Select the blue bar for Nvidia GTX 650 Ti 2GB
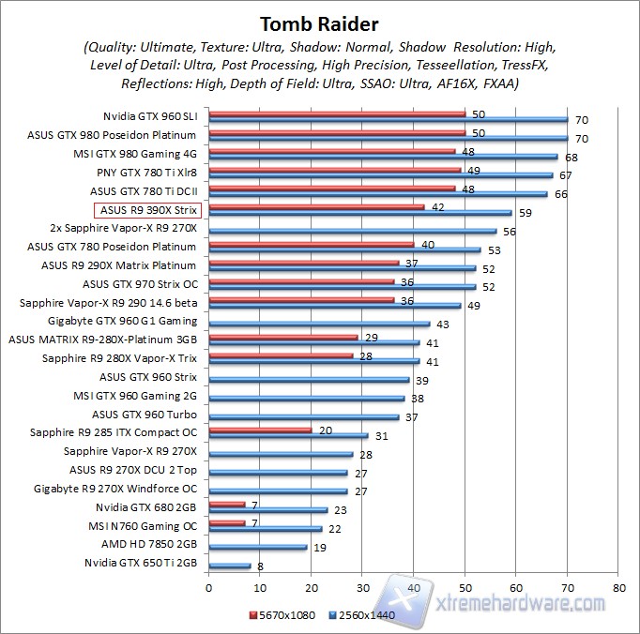point(230,566)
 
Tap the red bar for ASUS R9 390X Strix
point(316,207)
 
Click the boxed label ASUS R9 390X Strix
point(147,210)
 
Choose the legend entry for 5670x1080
point(282,615)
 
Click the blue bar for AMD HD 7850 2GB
point(258,547)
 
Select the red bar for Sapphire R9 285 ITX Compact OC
point(260,430)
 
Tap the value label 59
point(525,213)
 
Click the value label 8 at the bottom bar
point(258,566)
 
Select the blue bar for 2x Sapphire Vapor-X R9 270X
point(352,231)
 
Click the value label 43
point(443,324)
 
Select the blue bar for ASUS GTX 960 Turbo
point(304,416)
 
